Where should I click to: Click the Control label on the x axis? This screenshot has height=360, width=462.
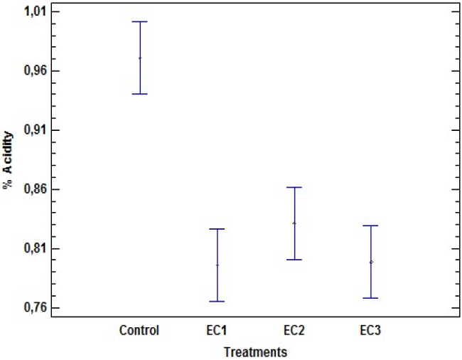click(139, 330)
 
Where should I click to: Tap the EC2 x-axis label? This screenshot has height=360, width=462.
click(294, 330)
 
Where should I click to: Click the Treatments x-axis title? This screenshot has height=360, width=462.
click(255, 351)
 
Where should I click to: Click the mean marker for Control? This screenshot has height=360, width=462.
click(140, 58)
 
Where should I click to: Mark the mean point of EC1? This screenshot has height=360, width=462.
click(217, 265)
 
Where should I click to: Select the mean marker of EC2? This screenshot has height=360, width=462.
click(294, 223)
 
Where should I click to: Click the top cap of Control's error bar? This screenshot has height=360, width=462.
click(140, 22)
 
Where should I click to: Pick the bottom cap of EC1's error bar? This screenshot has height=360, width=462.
click(217, 302)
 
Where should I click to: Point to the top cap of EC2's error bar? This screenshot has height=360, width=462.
click(294, 187)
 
